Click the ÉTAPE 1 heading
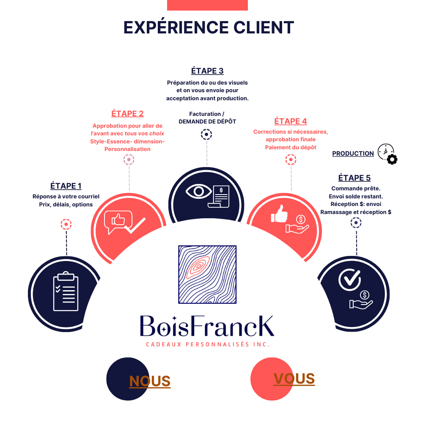(66, 186)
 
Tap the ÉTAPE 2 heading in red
(127, 113)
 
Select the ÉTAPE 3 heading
(207, 71)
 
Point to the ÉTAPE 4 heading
(291, 121)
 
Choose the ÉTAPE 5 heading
(354, 178)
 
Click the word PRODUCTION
(353, 154)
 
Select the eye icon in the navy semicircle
(198, 192)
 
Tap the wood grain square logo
(207, 274)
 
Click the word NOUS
(150, 381)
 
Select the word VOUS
(294, 379)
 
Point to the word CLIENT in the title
(264, 27)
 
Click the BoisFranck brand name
(207, 326)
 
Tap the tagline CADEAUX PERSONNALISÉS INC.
(207, 344)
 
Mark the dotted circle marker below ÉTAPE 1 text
(66, 224)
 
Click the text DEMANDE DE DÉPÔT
(207, 121)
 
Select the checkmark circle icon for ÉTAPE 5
(350, 278)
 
